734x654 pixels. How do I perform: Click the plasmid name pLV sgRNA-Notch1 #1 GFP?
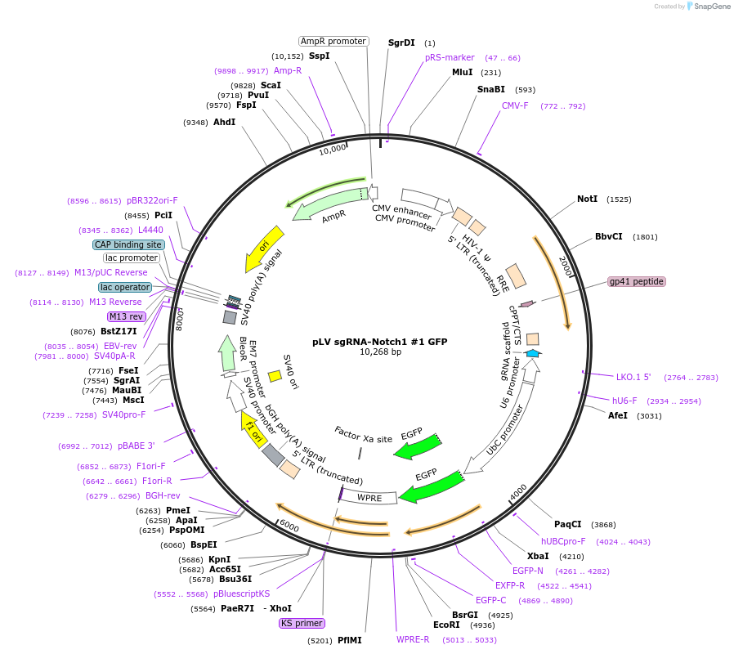(380, 342)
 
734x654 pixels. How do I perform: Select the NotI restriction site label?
(587, 199)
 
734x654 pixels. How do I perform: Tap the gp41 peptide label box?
(637, 281)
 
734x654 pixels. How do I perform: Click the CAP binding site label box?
(128, 244)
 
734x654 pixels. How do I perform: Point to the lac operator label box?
(125, 287)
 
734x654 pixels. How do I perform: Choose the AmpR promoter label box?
(333, 41)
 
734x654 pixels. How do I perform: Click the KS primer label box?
(302, 623)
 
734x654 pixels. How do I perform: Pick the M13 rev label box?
(126, 316)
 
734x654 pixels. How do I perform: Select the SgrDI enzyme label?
(401, 43)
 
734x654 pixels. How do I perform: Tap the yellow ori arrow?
(266, 248)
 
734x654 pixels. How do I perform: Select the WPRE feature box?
(368, 496)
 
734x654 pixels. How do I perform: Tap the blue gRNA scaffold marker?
(532, 352)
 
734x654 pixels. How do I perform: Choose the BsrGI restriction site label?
(465, 615)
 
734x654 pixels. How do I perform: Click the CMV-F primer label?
(515, 105)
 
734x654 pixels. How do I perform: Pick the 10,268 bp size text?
(381, 352)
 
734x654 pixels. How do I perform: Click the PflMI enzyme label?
(349, 640)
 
